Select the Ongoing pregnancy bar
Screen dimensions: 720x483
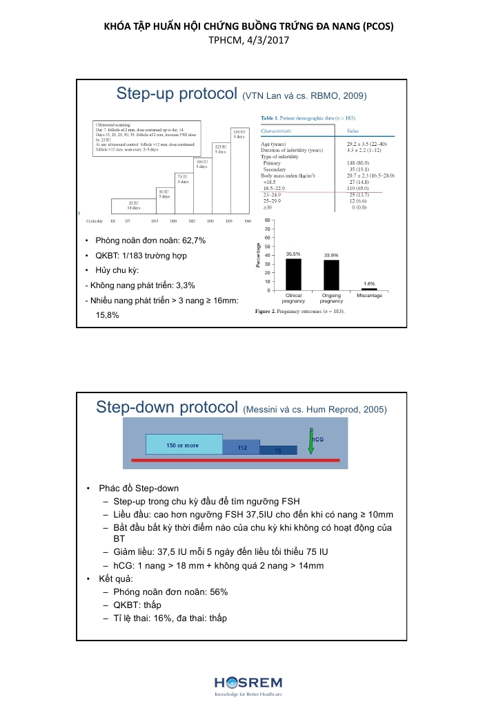tap(331, 274)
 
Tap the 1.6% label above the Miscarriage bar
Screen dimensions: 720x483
tap(369, 283)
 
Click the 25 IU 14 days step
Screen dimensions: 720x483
tap(134, 205)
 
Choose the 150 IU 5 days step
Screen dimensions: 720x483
tap(238, 134)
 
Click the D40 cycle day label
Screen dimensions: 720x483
tap(248, 221)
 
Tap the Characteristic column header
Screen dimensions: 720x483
tap(276, 130)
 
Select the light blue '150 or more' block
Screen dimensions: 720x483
tap(184, 445)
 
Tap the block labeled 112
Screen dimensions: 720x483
tap(241, 448)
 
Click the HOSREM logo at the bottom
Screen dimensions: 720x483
tap(248, 683)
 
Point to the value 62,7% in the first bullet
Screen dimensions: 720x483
tap(190, 240)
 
